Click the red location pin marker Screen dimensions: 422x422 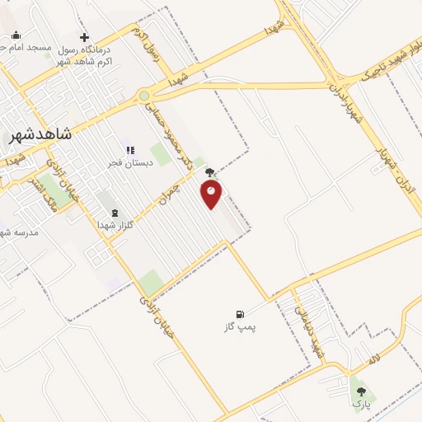[x=212, y=193]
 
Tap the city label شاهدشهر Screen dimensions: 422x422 [x=40, y=134]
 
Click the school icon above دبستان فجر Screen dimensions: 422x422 [x=129, y=150]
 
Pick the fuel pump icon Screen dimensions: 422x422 [x=240, y=314]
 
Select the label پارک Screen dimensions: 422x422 [x=360, y=404]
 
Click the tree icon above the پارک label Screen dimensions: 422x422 [x=360, y=392]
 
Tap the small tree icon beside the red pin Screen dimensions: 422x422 [x=210, y=173]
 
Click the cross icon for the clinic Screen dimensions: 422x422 [x=84, y=37]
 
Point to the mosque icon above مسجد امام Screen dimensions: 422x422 [x=16, y=35]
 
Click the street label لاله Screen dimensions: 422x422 [x=374, y=361]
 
